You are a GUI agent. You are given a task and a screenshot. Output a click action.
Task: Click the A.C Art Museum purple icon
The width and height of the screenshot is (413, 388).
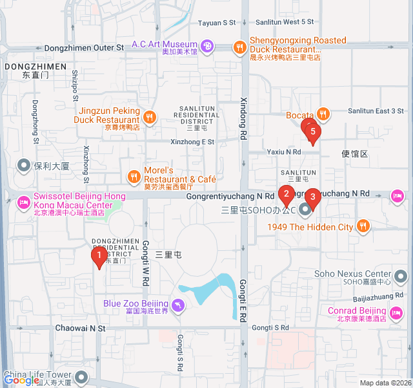[x=207, y=46]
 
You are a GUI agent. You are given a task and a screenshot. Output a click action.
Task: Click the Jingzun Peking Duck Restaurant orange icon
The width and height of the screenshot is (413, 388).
[x=149, y=116]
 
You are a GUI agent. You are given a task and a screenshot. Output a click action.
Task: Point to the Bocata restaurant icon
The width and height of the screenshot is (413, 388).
[x=323, y=115]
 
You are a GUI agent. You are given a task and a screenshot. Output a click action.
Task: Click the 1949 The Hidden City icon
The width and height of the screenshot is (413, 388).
[x=363, y=226]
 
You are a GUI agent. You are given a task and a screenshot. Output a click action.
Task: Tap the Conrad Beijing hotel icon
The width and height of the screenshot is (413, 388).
[x=396, y=312]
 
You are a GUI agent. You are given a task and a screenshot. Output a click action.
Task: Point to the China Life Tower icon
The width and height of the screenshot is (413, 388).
[x=81, y=376]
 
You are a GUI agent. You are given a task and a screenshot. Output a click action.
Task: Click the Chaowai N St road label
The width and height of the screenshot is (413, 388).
[x=79, y=329]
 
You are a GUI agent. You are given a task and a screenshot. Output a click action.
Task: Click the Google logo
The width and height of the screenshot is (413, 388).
[x=21, y=381]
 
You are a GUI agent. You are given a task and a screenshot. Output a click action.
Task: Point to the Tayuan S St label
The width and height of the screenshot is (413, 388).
[x=217, y=23]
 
